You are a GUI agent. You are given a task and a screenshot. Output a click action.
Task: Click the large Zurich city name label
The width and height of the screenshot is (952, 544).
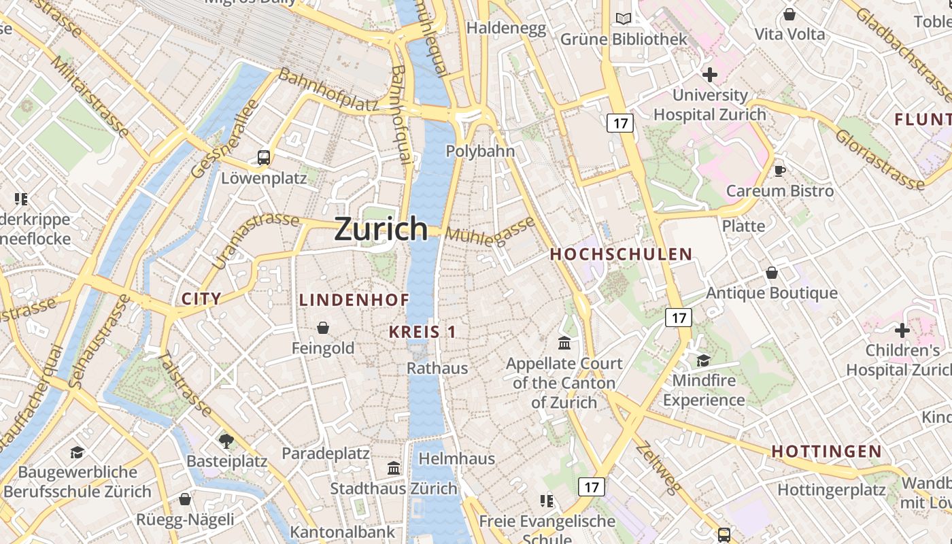[381, 229]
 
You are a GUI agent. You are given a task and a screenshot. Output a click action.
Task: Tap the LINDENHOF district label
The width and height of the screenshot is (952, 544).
[354, 300]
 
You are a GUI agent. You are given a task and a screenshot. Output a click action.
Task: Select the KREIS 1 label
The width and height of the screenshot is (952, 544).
[422, 332]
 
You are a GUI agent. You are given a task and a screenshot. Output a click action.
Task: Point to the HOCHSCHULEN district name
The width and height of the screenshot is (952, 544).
[621, 254]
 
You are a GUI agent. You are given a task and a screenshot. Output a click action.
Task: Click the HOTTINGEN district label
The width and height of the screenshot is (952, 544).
[826, 451]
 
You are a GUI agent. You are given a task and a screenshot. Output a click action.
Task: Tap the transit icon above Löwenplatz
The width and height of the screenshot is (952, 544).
[264, 158]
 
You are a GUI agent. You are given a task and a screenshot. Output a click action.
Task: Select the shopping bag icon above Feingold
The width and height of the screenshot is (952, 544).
[323, 328]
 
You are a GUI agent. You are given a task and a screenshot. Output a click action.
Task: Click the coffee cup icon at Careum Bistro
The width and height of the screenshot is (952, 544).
[779, 170]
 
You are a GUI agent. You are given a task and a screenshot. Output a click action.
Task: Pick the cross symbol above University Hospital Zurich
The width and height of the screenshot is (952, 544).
[710, 74]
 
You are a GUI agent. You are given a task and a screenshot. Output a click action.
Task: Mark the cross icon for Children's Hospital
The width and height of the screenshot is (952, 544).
[902, 330]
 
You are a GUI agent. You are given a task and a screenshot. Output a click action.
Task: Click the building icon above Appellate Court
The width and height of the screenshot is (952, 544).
[564, 343]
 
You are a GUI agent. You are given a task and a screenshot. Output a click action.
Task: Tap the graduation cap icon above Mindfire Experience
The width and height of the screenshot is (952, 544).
[703, 360]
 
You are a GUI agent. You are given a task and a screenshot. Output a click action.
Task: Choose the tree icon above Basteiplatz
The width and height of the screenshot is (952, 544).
[226, 441]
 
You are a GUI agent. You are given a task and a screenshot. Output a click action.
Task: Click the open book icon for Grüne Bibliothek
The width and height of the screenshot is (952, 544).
[624, 19]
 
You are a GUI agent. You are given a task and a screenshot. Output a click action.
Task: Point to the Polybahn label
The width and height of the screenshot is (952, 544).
[480, 151]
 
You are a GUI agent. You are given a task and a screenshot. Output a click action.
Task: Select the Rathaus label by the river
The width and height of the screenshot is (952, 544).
[437, 368]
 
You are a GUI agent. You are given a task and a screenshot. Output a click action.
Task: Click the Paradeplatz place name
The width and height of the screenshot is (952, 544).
[326, 453]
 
